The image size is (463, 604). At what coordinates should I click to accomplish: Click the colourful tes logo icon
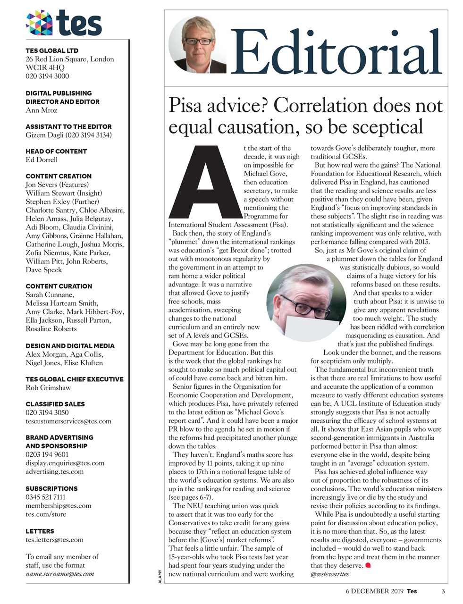tap(39, 24)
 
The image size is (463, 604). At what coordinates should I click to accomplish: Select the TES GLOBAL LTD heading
tap(52, 50)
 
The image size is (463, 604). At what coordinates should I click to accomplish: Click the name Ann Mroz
tap(42, 110)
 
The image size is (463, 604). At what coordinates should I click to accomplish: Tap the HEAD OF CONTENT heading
tap(56, 151)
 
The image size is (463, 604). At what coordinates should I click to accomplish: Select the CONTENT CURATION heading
tap(59, 286)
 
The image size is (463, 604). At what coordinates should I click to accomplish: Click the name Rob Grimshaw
tap(48, 388)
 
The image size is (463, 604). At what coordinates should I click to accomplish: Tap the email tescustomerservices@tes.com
tap(68, 421)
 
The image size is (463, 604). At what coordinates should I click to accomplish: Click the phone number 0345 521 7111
tap(45, 497)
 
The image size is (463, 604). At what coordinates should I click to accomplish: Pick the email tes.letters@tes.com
tap(54, 540)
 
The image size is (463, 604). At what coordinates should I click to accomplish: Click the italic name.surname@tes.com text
tap(59, 574)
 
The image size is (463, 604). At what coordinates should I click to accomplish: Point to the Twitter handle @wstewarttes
tap(330, 574)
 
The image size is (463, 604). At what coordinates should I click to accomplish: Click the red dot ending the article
tap(369, 565)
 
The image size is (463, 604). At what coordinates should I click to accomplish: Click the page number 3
tap(443, 591)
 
